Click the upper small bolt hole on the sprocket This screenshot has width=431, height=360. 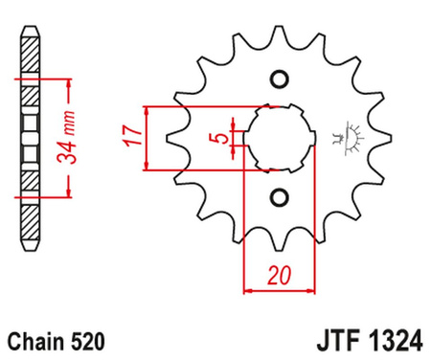point(280,79)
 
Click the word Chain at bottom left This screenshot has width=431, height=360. point(37,340)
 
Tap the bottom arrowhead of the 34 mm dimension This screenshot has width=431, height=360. point(68,194)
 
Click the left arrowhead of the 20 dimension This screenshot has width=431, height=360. point(248,287)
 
